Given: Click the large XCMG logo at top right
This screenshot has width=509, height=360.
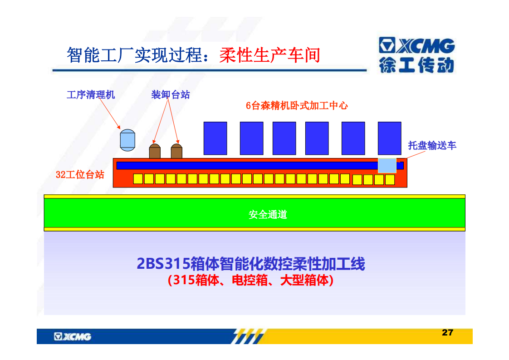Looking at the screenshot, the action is pyautogui.click(x=417, y=55).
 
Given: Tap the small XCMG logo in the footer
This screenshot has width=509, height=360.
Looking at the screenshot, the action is pyautogui.click(x=73, y=336).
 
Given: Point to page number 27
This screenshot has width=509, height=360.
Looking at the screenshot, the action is pyautogui.click(x=447, y=332).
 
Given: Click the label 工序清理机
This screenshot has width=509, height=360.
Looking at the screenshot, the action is pyautogui.click(x=91, y=94).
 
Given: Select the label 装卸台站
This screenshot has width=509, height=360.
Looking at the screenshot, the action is pyautogui.click(x=171, y=94).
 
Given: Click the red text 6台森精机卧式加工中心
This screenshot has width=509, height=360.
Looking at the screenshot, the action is pyautogui.click(x=297, y=106).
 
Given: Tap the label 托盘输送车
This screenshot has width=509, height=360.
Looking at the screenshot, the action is pyautogui.click(x=432, y=145).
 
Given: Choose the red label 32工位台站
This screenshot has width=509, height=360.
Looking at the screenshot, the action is pyautogui.click(x=80, y=174).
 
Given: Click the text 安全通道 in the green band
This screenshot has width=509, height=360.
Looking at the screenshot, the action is pyautogui.click(x=268, y=214).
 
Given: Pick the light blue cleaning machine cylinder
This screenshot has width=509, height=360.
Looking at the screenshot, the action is pyautogui.click(x=127, y=140).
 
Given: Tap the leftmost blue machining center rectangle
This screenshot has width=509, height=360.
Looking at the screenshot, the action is pyautogui.click(x=215, y=138).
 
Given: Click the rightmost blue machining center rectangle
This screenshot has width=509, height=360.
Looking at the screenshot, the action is pyautogui.click(x=390, y=138).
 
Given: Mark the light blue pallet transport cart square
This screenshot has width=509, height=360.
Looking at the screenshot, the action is pyautogui.click(x=387, y=165).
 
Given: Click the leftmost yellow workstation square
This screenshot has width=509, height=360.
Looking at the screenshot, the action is pyautogui.click(x=138, y=179).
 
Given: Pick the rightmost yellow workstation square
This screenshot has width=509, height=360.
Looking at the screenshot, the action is pyautogui.click(x=390, y=180).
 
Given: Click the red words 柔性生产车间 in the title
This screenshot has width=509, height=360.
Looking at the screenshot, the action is pyautogui.click(x=270, y=55).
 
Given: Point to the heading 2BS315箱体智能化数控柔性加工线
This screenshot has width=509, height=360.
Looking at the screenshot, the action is pyautogui.click(x=251, y=263).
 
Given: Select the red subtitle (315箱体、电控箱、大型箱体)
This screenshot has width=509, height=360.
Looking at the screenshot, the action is pyautogui.click(x=250, y=280).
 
